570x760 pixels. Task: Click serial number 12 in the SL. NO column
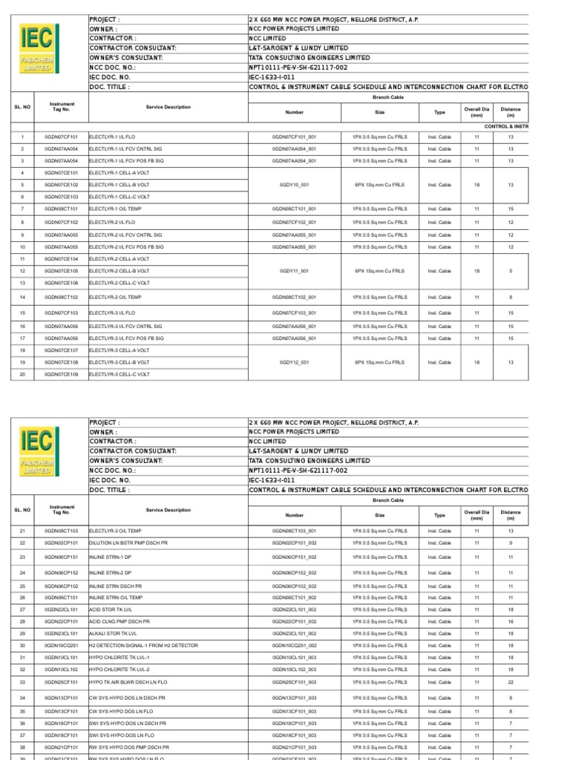pyautogui.click(x=22, y=271)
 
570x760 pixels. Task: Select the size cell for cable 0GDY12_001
pyautogui.click(x=379, y=362)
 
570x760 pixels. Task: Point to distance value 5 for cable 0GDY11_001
pyautogui.click(x=511, y=271)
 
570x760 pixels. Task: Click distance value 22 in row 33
pyautogui.click(x=511, y=682)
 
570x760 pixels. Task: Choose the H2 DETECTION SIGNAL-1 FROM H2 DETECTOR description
pyautogui.click(x=143, y=646)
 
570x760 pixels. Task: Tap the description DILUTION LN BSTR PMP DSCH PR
pyautogui.click(x=128, y=543)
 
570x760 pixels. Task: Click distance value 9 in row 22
pyautogui.click(x=511, y=543)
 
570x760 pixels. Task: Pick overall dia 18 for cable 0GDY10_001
pyautogui.click(x=477, y=185)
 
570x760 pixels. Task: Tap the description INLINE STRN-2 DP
pyautogui.click(x=110, y=573)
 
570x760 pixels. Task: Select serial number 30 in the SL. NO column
pyautogui.click(x=22, y=646)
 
